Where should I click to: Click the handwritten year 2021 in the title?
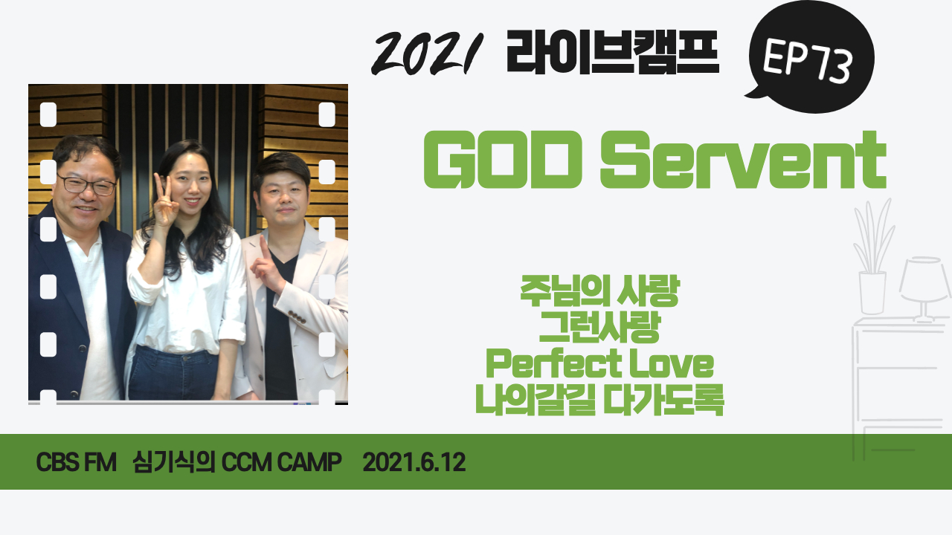point(427,53)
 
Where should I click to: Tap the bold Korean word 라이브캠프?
point(612,52)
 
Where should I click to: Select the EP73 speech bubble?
point(810,57)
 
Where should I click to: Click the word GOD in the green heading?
point(503,160)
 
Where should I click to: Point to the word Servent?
point(743,160)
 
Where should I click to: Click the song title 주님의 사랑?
point(600,291)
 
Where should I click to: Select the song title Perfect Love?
point(599,363)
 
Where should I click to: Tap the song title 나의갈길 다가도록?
point(599,400)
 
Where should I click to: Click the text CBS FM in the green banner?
point(76,462)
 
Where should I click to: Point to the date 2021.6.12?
point(414,462)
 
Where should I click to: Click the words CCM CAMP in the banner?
point(281,462)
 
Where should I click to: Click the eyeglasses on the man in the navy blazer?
point(87,185)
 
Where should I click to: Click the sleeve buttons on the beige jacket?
point(297,317)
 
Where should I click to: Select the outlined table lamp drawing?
point(924,289)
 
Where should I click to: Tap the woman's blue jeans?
point(173,374)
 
